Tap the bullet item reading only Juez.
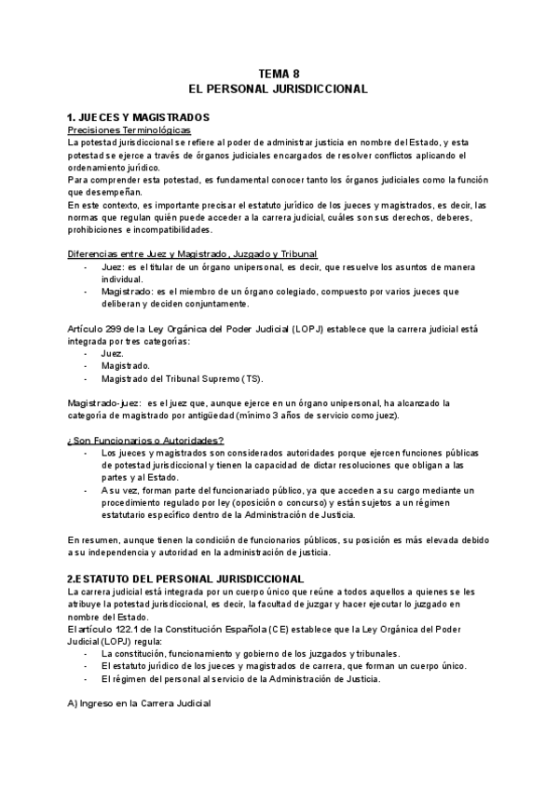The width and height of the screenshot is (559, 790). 109,354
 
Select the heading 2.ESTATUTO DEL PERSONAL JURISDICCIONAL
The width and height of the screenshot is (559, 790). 185,579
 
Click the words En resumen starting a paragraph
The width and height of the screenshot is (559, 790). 92,539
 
